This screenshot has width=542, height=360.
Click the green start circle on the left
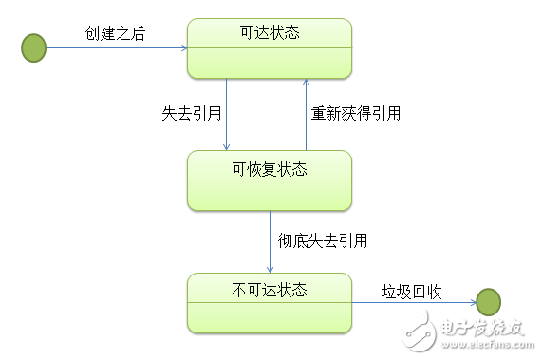pos(34,47)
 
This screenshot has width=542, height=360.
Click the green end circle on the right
pos(488,303)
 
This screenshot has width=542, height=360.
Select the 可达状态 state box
pos(270,49)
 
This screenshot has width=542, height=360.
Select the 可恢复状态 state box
pos(270,181)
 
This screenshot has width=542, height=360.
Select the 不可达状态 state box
pos(270,303)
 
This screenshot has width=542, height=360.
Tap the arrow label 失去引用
pos(191,113)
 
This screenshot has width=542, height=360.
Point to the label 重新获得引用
pos(356,113)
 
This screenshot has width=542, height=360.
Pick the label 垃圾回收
pos(412,290)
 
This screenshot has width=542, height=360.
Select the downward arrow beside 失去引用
pos(227,114)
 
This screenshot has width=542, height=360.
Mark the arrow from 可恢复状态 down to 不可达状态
pos(270,242)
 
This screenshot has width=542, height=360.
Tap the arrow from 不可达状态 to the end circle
pos(414,303)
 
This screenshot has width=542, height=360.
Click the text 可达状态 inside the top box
pos(270,33)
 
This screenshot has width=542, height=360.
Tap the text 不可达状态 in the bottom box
pos(270,288)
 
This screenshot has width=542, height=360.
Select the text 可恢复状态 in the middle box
pos(270,169)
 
